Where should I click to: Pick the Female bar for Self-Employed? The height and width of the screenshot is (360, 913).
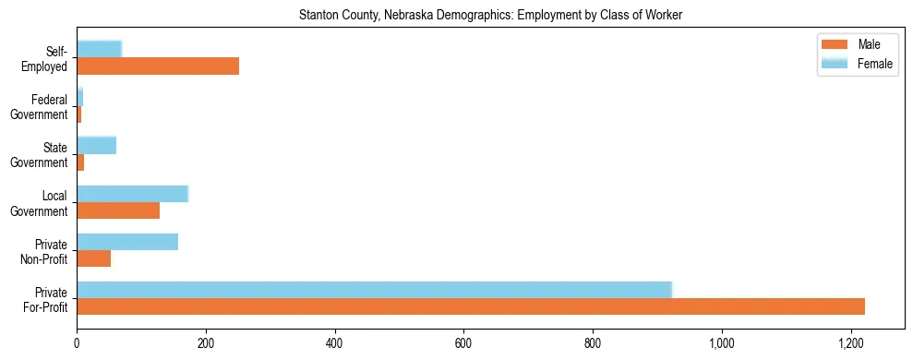click(99, 49)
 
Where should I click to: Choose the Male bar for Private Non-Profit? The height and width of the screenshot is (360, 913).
click(93, 258)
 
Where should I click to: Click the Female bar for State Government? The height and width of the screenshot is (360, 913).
click(96, 145)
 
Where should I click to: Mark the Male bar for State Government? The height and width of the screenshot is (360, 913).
click(80, 162)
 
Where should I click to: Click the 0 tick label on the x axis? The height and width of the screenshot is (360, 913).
click(77, 343)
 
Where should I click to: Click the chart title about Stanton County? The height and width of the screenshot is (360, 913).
click(490, 16)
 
